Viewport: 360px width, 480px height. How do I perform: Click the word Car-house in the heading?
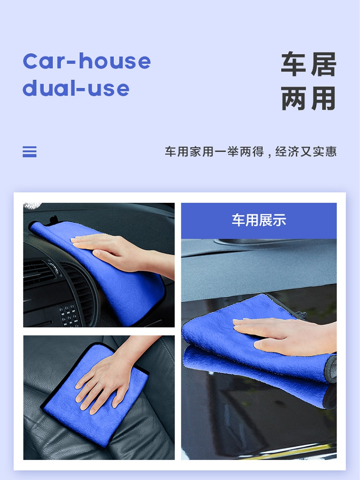point(87,61)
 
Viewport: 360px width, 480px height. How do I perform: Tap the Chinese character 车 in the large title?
point(293,64)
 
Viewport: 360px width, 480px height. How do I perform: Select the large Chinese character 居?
point(324,64)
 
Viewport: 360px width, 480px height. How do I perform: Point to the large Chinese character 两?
point(293,98)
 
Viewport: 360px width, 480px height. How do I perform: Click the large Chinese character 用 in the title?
point(324,98)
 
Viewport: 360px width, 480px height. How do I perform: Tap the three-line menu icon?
point(29,152)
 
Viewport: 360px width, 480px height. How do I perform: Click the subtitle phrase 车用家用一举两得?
point(214,152)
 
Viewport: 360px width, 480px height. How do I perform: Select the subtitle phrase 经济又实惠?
point(306,152)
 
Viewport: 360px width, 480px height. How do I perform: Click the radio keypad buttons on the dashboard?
point(69,315)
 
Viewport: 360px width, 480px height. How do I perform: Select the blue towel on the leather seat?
point(95,395)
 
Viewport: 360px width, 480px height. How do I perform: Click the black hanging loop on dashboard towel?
point(53,220)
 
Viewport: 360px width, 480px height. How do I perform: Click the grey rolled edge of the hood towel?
point(331,369)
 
